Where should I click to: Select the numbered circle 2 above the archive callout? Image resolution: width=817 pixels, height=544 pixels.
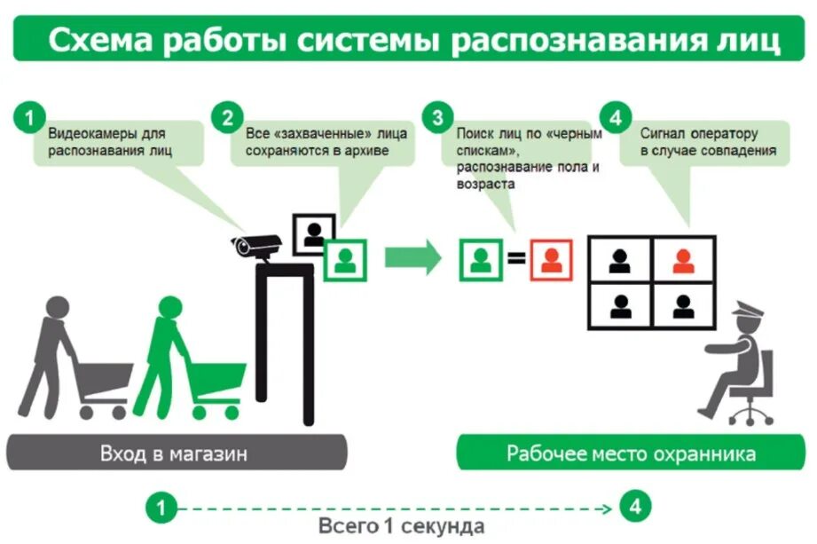(x=228, y=117)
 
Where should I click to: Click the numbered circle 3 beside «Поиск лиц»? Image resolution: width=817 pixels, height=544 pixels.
(x=437, y=117)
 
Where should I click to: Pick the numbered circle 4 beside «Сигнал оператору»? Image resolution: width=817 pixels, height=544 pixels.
(x=615, y=117)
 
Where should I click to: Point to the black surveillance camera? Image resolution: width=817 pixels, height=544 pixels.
(x=256, y=245)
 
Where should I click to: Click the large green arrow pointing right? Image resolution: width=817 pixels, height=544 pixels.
(x=412, y=258)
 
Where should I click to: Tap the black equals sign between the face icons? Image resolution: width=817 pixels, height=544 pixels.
(x=516, y=261)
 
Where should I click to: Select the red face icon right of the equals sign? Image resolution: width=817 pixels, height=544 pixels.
(x=552, y=260)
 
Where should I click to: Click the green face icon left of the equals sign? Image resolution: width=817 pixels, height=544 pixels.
(x=481, y=260)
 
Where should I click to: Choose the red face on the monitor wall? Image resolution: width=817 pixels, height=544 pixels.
(x=682, y=260)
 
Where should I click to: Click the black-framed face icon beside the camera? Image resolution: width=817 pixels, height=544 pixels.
(x=313, y=233)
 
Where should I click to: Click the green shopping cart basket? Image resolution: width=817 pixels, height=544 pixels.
(x=217, y=379)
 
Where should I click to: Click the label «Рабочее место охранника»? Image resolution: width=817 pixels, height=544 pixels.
(x=631, y=453)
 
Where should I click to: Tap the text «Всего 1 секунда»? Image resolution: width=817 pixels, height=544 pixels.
(x=402, y=525)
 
